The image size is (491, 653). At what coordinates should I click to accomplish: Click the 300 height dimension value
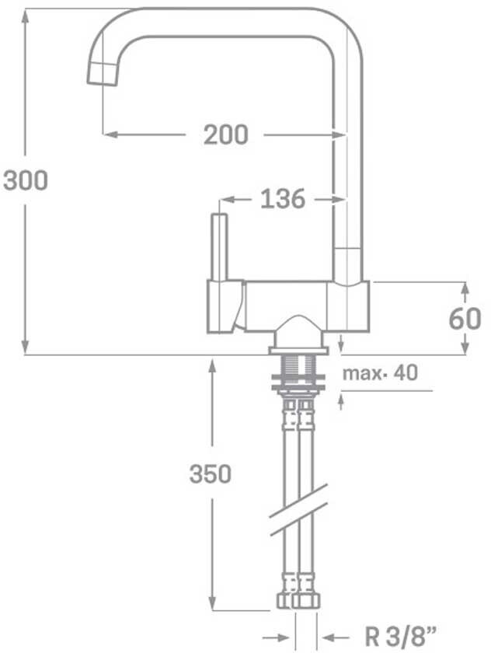click(x=26, y=180)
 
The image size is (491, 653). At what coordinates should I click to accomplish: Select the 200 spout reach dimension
click(x=225, y=134)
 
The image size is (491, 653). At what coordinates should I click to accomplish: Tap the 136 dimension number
click(x=283, y=199)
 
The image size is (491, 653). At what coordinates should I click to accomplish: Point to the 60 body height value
click(x=465, y=319)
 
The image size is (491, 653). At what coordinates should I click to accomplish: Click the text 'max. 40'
click(x=379, y=372)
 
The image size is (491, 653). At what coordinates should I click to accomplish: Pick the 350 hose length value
click(x=210, y=474)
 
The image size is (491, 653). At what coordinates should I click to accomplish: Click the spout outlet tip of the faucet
click(x=102, y=75)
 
